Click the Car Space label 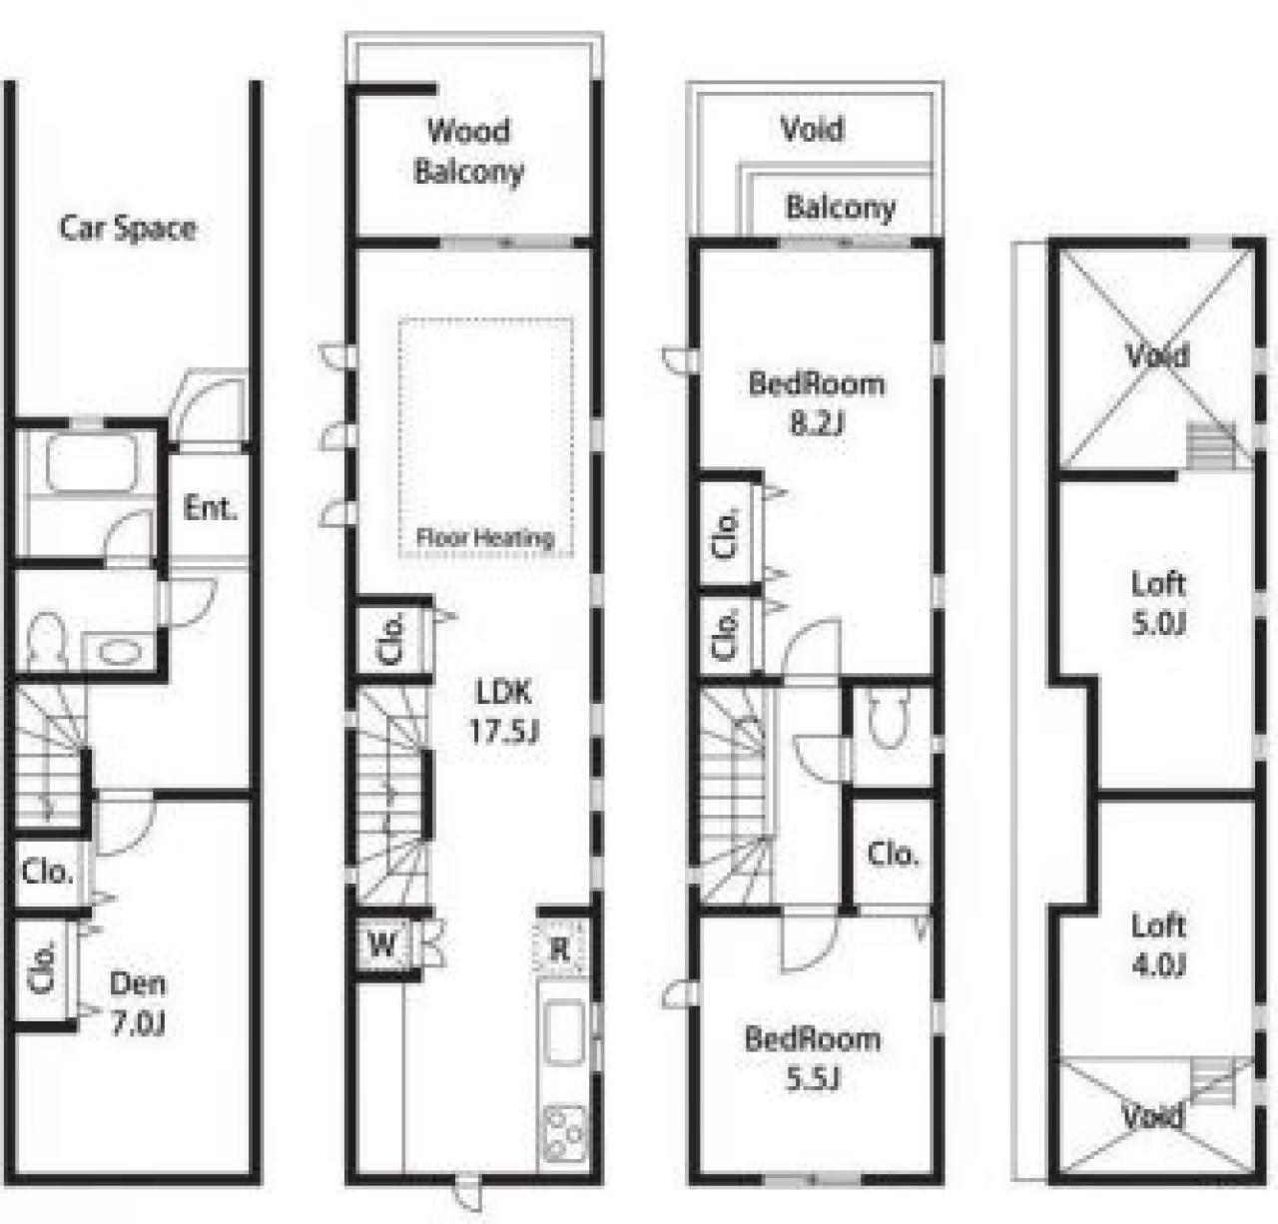coord(128,228)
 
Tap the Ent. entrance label coord(210,508)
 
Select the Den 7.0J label coord(138,1003)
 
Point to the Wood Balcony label coord(469,151)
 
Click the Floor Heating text coord(485,538)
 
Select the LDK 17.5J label coord(503,711)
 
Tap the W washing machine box coord(382,944)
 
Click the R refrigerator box coord(560,947)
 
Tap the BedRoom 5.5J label coord(813,1058)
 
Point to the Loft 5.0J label coord(1158,603)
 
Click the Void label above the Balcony coord(812,129)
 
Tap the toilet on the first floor coord(47,641)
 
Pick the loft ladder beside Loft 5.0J coord(1210,446)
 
